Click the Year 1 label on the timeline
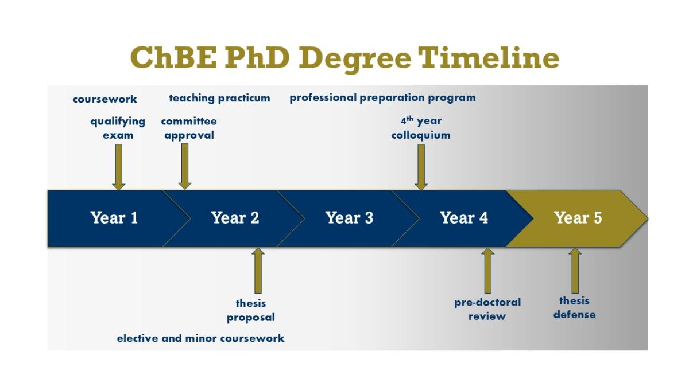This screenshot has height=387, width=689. click(x=114, y=218)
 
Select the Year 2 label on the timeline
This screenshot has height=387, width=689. click(x=235, y=218)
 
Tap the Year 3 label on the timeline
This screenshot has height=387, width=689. click(x=349, y=218)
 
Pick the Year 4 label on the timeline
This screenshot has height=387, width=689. click(x=463, y=218)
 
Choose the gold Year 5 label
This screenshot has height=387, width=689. click(x=578, y=218)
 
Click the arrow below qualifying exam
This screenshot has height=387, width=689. click(x=119, y=166)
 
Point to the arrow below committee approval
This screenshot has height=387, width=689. click(x=185, y=166)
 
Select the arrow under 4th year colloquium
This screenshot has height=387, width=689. click(x=421, y=166)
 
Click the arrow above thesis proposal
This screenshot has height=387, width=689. click(x=258, y=270)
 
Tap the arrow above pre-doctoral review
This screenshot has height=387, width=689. click(x=487, y=270)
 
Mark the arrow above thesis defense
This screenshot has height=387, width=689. click(x=575, y=270)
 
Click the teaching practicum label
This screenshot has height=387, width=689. click(x=219, y=98)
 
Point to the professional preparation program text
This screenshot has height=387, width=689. click(x=382, y=97)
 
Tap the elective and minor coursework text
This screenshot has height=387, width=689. click(x=200, y=338)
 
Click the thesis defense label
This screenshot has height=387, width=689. click(x=574, y=307)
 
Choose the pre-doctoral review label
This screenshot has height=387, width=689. click(x=487, y=309)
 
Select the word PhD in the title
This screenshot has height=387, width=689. click(x=256, y=57)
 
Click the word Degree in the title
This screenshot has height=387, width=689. click(x=355, y=57)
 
